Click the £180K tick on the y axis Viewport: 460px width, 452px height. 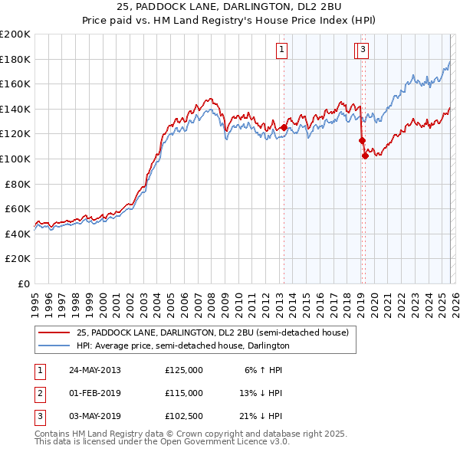tap(15, 59)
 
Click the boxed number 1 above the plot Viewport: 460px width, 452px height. tap(282, 51)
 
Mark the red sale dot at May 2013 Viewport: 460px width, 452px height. tap(284, 128)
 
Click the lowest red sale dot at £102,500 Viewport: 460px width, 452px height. tap(365, 156)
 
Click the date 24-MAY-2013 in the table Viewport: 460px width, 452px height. tap(94, 370)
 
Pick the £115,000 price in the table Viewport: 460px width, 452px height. tap(184, 393)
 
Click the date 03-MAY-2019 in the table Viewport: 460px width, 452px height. tap(94, 416)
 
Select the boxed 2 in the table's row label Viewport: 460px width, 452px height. tap(39, 393)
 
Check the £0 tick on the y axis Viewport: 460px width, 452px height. tap(23, 283)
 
